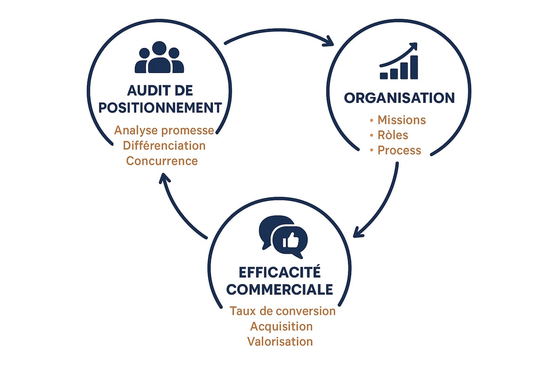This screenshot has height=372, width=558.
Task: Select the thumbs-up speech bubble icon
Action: point(283,237)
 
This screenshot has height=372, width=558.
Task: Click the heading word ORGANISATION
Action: point(399,98)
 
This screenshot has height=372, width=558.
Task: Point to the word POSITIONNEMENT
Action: point(160,108)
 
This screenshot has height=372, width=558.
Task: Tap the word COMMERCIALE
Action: point(280,290)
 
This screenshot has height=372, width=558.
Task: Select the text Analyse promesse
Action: point(164,130)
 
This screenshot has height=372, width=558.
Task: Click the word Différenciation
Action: point(164,146)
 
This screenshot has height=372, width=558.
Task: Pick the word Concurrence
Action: point(162,161)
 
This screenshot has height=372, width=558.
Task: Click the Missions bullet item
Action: point(401,120)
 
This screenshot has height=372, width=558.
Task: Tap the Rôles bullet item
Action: point(392,135)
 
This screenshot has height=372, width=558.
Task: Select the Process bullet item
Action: point(399,151)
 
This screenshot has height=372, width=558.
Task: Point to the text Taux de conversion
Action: point(283,311)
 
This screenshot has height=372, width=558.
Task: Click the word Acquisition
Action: point(280,326)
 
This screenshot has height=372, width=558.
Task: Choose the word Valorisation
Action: point(280,341)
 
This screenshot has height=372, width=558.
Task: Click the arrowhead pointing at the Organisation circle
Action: point(329,42)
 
